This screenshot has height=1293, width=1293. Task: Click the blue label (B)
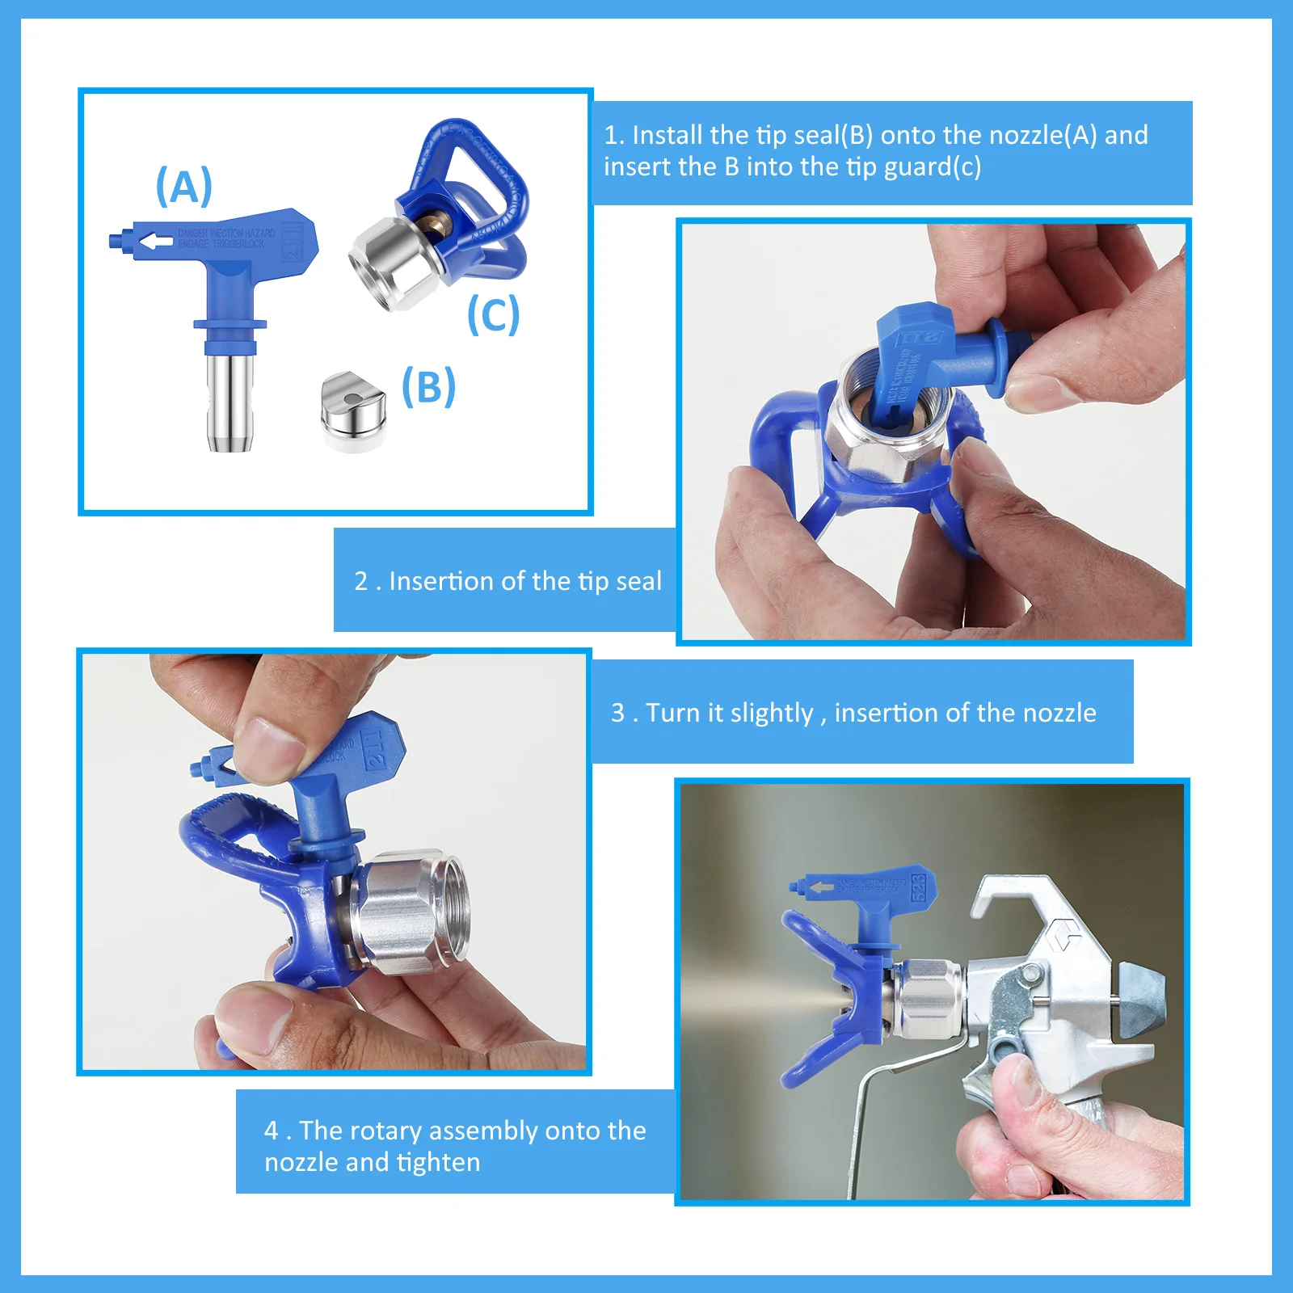[428, 386]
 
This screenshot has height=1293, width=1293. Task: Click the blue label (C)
[493, 314]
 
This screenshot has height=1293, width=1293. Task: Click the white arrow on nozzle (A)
[156, 242]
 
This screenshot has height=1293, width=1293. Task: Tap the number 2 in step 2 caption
[360, 581]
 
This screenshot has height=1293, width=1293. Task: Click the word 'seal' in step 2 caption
[638, 581]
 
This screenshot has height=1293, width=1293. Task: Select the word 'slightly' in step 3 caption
[771, 713]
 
